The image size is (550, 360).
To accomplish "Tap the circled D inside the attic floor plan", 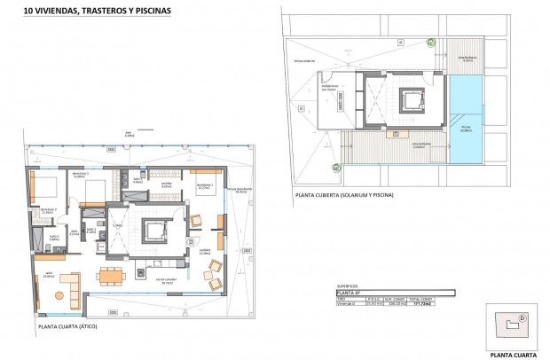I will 191,241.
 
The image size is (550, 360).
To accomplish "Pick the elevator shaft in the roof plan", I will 410,101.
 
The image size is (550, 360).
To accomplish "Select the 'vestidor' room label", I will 166,185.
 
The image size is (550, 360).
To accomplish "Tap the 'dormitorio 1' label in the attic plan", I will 202,186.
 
